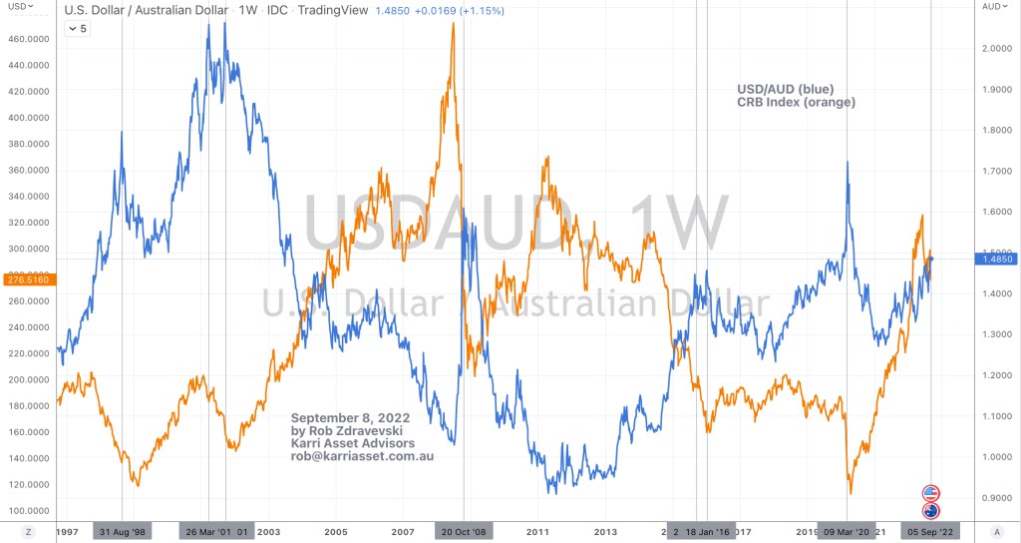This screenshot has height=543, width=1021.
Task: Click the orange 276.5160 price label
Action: (27, 280)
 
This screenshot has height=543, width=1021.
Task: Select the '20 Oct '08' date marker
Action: (464, 532)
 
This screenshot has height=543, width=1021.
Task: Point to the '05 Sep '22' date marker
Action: (931, 532)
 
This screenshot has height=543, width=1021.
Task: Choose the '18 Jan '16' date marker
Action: (710, 532)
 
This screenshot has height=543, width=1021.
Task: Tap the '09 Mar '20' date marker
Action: (847, 532)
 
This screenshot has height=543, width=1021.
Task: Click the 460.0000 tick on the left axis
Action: (27, 39)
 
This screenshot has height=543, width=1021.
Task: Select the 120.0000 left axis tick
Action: (27, 484)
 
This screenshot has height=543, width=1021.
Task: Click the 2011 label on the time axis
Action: (538, 532)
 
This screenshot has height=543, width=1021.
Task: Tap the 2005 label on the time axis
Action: (335, 532)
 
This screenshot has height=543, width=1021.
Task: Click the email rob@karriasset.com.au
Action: (362, 456)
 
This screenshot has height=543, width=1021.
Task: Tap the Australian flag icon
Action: (931, 511)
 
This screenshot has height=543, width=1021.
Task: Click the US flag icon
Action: (931, 493)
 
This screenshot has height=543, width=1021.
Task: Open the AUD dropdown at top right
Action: (995, 6)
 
